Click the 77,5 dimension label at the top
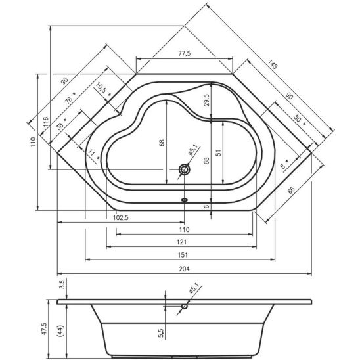[x=185, y=53]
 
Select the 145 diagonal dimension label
[x=273, y=64]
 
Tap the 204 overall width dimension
[x=184, y=269]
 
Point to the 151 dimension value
[x=183, y=255]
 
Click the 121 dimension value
[x=182, y=242]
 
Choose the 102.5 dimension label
[x=121, y=217]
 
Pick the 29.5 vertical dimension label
[x=207, y=100]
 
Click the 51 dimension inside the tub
[x=219, y=152]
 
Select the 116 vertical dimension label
[x=46, y=123]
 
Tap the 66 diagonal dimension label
[x=291, y=190]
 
